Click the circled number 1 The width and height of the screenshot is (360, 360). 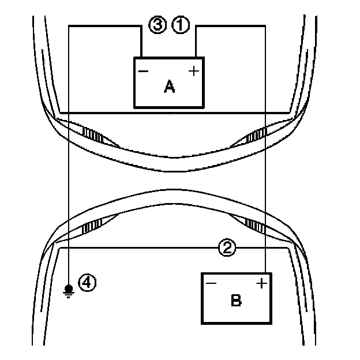click(181, 25)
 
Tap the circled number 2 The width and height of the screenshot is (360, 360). click(228, 248)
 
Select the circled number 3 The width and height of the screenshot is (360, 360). click(157, 25)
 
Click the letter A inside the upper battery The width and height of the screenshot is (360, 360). click(169, 87)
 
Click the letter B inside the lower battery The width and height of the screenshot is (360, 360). click(235, 300)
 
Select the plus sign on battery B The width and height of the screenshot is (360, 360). click(261, 283)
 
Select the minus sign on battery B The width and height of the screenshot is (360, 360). click(211, 283)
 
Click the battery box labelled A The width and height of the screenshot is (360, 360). click(168, 82)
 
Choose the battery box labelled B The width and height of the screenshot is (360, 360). click(235, 298)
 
